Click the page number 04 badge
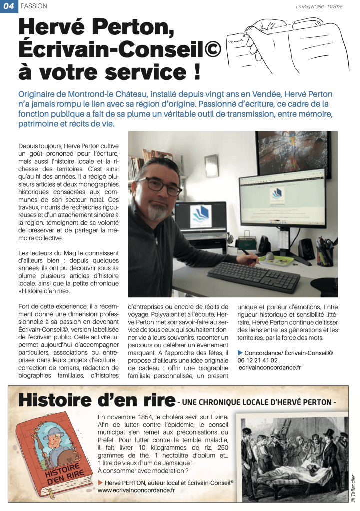tap(8, 6)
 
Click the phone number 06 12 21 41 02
tap(258, 360)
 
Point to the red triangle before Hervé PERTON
tap(101, 483)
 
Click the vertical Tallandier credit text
tap(353, 486)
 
